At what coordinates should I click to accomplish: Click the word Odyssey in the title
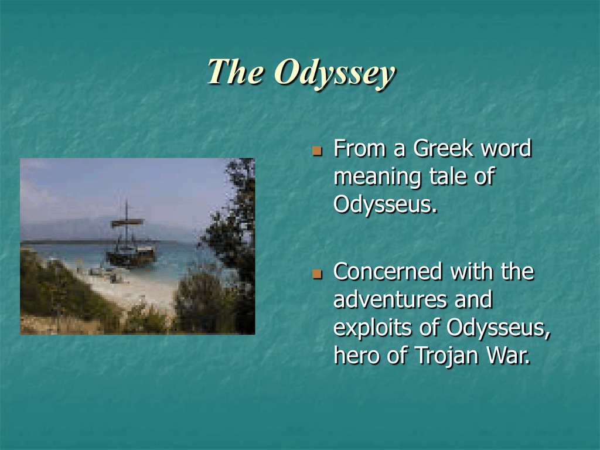tap(335, 73)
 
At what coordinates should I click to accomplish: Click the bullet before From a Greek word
tap(317, 151)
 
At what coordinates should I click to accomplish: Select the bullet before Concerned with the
tap(317, 274)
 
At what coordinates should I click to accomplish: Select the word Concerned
tap(388, 271)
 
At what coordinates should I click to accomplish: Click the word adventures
tap(390, 299)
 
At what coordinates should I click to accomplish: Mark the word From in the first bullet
tap(359, 148)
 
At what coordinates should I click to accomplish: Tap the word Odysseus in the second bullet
tap(498, 329)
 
